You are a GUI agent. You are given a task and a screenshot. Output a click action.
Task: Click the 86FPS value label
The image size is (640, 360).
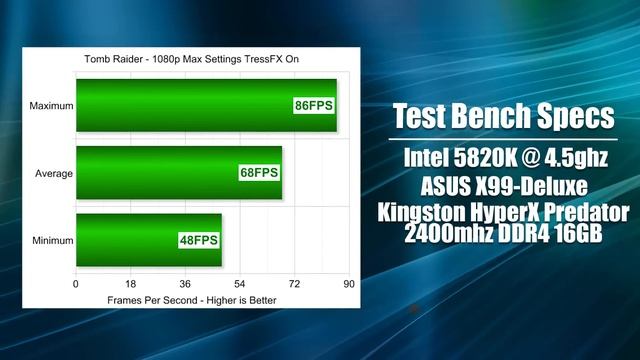(313, 105)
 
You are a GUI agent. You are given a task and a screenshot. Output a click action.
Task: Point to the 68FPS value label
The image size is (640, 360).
(259, 173)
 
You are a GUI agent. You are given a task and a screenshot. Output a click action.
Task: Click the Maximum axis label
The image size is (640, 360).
(50, 105)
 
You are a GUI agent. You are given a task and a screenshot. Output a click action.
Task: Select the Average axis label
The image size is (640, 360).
(54, 173)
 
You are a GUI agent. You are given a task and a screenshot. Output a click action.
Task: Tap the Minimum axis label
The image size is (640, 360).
(51, 240)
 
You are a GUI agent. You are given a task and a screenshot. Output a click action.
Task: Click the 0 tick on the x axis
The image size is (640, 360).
(76, 284)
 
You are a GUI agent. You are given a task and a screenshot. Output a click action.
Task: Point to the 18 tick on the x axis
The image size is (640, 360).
(130, 284)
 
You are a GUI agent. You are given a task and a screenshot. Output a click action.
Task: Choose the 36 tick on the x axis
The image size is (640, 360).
(185, 284)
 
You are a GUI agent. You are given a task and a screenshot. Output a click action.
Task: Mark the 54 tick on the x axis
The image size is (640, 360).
(240, 284)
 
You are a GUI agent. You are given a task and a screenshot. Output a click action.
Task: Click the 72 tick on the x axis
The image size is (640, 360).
(294, 284)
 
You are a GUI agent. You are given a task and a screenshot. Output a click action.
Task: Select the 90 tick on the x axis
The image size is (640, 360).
(349, 284)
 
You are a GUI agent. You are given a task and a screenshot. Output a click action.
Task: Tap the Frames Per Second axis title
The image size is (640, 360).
(192, 299)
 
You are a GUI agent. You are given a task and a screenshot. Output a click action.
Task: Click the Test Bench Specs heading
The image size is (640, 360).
(503, 115)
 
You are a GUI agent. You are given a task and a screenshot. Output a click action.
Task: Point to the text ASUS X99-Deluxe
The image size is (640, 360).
(502, 186)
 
